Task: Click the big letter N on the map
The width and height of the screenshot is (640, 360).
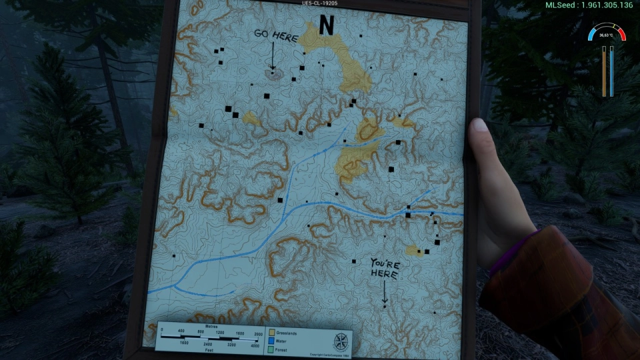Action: [326, 25]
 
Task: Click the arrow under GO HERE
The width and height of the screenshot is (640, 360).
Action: [272, 56]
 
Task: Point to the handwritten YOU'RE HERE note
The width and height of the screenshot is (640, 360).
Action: [385, 269]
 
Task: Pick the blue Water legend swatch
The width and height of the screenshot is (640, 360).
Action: [272, 339]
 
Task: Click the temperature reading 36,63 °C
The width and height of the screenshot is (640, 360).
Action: [605, 35]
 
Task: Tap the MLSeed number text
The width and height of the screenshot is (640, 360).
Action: [589, 5]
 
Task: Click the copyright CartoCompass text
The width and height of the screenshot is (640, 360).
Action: [329, 354]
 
